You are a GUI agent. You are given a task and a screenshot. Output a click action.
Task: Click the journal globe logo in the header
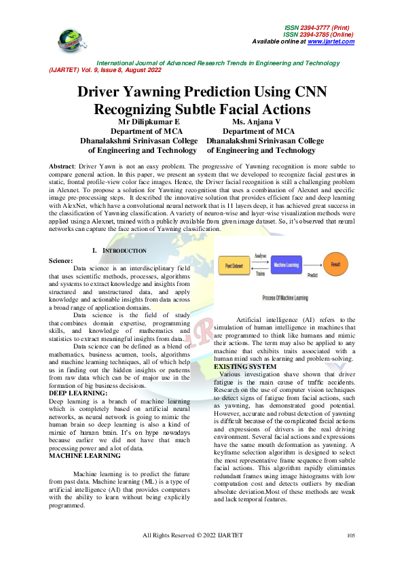click(x=69, y=39)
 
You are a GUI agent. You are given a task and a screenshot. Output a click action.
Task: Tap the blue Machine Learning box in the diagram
click(x=288, y=264)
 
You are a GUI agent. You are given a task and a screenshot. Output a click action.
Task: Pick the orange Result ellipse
click(x=335, y=264)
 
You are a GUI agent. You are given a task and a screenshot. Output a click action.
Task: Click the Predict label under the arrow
click(x=313, y=276)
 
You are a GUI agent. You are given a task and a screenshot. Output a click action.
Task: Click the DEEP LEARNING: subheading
click(x=78, y=393)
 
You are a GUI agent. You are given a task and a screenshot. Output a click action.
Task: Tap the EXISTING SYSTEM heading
click(x=245, y=367)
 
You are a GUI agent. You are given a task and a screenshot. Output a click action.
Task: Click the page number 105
click(x=351, y=555)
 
